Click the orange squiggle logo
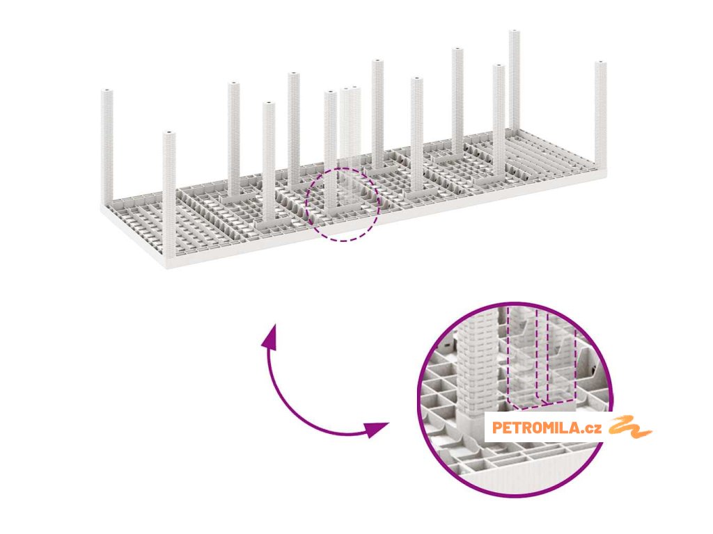tap(629, 428)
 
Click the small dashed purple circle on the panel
tap(343, 204)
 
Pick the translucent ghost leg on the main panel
tap(350, 132)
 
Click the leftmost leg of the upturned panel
tap(107, 146)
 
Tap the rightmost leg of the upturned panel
tap(600, 115)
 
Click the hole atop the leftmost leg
tap(107, 91)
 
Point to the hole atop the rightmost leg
tap(600, 64)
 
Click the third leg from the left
tap(234, 139)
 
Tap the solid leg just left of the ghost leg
tap(330, 146)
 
